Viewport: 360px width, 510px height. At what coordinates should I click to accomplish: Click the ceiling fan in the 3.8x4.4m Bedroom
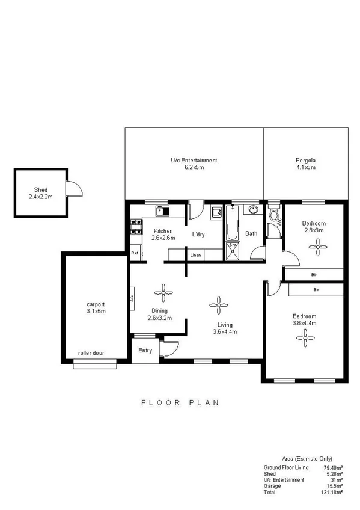tap(305, 340)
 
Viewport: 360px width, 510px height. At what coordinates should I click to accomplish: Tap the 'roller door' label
tap(91, 354)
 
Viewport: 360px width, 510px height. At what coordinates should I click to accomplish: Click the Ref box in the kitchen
tap(135, 253)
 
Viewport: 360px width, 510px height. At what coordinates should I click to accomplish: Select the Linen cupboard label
tap(195, 256)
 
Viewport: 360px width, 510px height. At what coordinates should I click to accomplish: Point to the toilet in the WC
tap(273, 215)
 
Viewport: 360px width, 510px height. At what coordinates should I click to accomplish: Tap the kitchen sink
tap(162, 211)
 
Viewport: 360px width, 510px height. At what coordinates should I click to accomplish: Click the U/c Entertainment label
tap(194, 161)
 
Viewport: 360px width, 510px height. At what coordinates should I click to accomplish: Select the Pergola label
tap(305, 161)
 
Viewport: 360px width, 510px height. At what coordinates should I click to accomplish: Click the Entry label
tap(145, 351)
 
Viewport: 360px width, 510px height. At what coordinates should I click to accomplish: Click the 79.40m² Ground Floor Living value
tap(332, 467)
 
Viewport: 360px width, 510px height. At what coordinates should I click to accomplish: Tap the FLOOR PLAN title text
tap(180, 402)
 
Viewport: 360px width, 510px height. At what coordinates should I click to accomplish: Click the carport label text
tap(96, 304)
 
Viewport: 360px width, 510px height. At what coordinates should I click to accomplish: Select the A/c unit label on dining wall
tap(130, 298)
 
